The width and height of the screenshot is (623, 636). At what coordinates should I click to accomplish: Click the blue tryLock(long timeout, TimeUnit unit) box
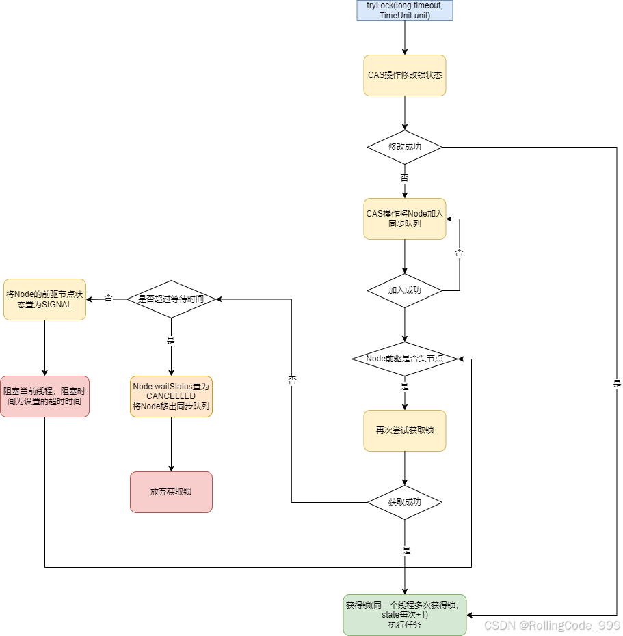coord(404,10)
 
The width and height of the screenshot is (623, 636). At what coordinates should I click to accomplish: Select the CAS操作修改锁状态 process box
coord(404,75)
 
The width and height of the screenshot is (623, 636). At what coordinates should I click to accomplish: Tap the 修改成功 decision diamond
coord(404,147)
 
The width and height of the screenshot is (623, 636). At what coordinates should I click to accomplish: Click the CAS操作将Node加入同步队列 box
coord(404,219)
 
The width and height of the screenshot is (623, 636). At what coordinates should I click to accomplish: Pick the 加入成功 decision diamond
coord(404,290)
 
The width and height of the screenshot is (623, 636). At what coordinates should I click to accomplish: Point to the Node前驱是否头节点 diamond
coord(404,359)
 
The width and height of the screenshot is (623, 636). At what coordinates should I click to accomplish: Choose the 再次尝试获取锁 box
coord(404,430)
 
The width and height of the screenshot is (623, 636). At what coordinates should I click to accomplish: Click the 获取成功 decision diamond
coord(404,502)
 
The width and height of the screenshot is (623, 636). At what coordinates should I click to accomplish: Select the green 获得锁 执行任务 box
coord(404,615)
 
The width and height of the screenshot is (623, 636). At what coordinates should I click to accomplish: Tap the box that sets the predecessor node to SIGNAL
coord(44,299)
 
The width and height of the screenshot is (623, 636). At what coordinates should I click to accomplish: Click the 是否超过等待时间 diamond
coord(171,299)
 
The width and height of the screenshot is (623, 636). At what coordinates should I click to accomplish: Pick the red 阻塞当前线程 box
coord(44,396)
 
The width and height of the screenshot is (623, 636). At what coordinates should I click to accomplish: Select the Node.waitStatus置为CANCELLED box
coord(171,396)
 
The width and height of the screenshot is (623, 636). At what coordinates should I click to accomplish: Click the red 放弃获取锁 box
coord(171,492)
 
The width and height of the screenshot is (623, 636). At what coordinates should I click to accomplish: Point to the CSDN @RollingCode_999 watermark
coord(551,625)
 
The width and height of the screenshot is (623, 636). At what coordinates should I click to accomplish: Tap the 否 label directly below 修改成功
coord(404,178)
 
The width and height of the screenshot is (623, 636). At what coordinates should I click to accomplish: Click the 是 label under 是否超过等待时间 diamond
coord(171,341)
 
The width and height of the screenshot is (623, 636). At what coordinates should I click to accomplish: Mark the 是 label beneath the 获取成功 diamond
coord(406,551)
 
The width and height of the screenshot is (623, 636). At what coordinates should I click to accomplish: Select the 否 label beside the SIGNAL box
coord(108,299)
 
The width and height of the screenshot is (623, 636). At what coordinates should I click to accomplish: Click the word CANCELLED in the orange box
coord(171,396)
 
